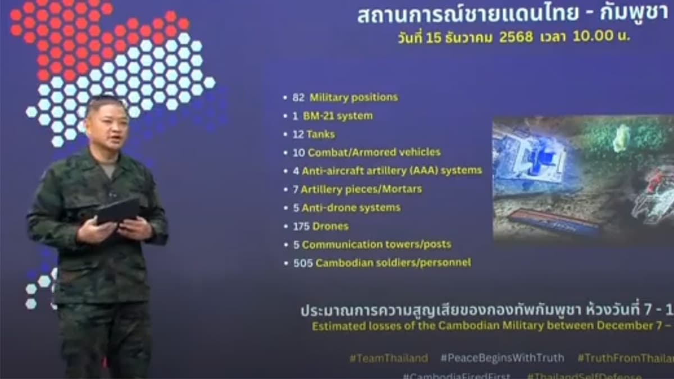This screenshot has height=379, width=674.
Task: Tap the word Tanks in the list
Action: pos(320,135)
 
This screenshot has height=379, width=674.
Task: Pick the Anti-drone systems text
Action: pos(351,208)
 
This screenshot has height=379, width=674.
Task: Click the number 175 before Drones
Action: pos(302,226)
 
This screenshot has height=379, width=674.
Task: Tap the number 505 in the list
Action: pos(303,263)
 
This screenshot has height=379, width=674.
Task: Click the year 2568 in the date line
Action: pos(516,39)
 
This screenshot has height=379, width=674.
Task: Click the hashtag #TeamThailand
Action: pos(388,358)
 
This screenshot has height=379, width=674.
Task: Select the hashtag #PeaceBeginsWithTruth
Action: pos(502,358)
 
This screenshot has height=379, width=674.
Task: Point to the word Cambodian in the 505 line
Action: pos(344,263)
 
